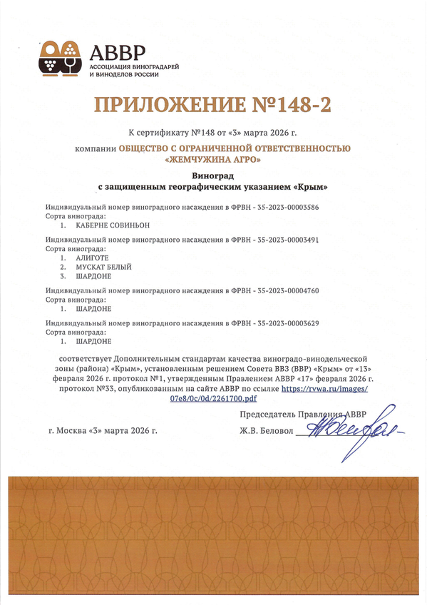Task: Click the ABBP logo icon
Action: coord(61,58)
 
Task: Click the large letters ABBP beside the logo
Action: coord(117,51)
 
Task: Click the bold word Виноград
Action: coord(213,176)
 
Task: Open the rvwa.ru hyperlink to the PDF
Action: coord(325,389)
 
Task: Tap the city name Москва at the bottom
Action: coord(71,432)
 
